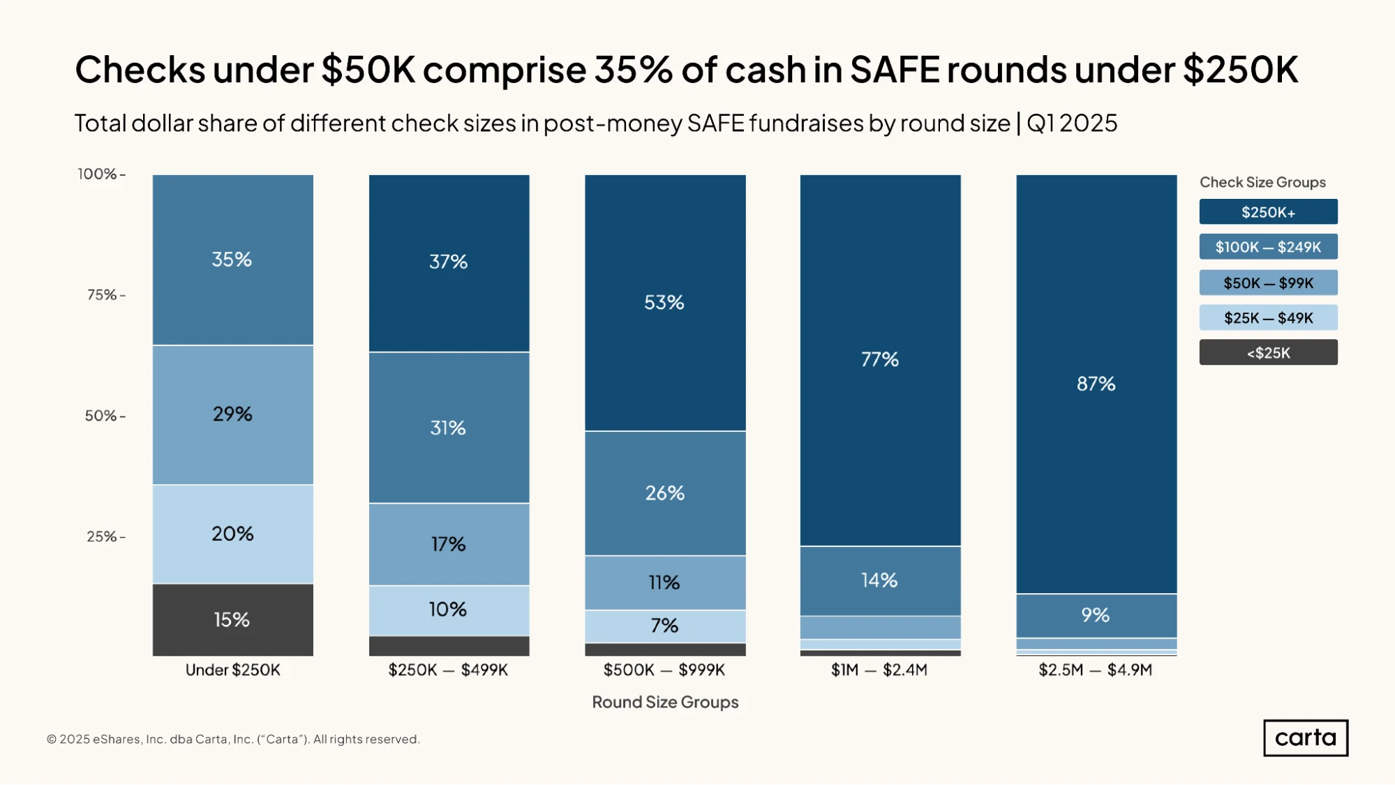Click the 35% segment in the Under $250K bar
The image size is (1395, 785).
coord(232,260)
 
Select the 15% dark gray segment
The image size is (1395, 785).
coord(232,620)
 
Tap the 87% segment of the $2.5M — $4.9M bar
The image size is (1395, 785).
coord(1096,384)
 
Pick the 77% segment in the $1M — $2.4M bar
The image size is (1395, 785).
coord(880,360)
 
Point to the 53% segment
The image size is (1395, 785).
coord(665,303)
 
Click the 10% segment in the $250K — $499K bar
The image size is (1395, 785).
coord(449,610)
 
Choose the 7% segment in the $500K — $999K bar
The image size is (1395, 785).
coord(665,626)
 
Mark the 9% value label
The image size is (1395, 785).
coord(1095,615)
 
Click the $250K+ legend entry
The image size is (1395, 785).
coord(1268,212)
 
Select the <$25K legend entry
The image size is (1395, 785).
coord(1268,352)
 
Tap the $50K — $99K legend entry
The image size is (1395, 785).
coord(1268,283)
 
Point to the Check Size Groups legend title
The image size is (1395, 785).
coord(1262,182)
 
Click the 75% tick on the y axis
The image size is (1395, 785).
coord(123,295)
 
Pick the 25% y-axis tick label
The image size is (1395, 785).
coord(101,537)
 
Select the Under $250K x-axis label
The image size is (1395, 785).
coord(232,670)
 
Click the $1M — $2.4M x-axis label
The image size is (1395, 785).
coord(879,670)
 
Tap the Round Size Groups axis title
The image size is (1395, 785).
coord(665,702)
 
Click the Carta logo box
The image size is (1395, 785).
coord(1306,738)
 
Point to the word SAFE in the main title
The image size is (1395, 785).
coord(895,70)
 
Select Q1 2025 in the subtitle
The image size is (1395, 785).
coord(1072,124)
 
